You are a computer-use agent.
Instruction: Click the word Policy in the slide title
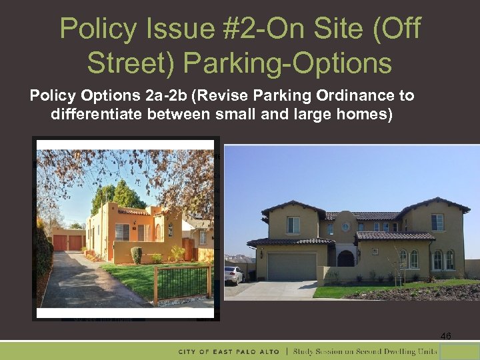[x=97, y=29]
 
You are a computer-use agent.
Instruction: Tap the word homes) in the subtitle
[x=365, y=114]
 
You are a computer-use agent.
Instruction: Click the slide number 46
[x=446, y=337]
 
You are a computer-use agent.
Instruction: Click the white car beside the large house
[x=233, y=274]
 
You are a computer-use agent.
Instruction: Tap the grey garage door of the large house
[x=291, y=267]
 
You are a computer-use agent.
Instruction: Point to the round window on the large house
[x=345, y=227]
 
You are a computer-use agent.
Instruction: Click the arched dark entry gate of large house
[x=346, y=258]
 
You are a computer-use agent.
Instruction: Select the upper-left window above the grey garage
[x=293, y=225]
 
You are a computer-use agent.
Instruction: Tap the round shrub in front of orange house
[x=136, y=255]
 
